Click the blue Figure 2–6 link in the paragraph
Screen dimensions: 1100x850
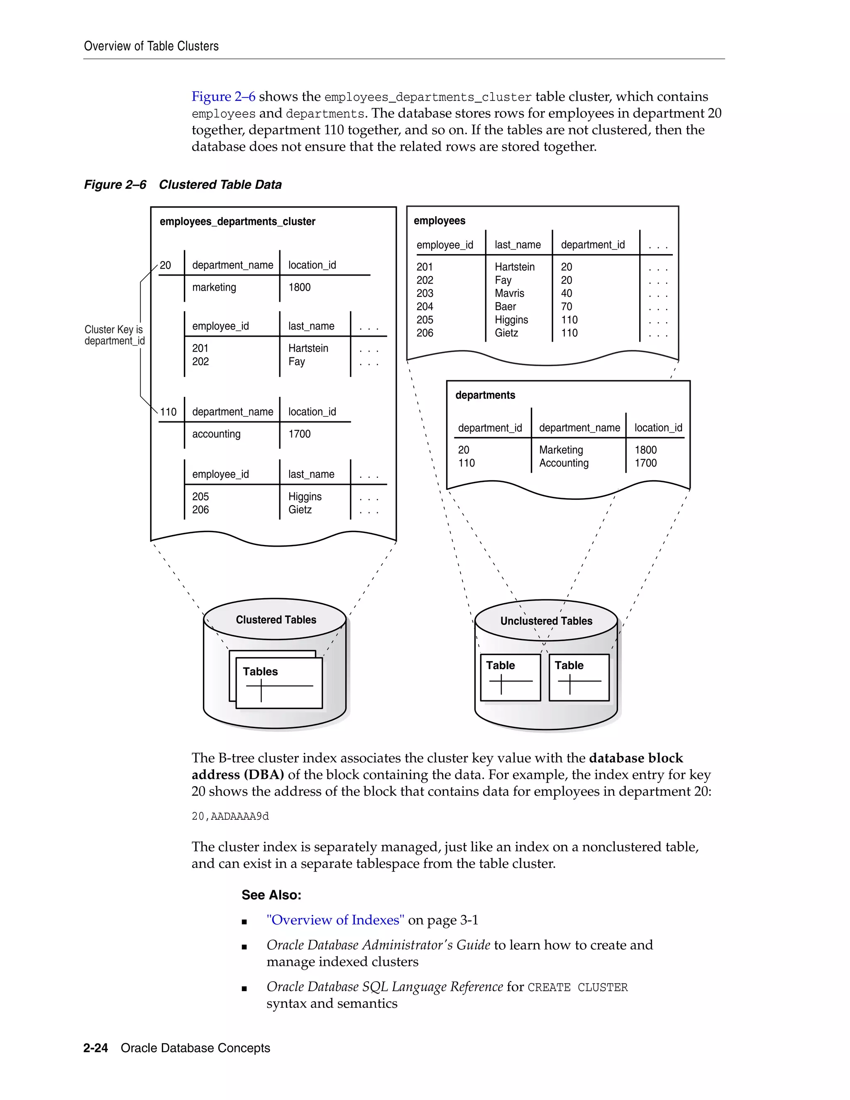point(223,96)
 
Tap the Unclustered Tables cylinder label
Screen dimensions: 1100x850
point(546,621)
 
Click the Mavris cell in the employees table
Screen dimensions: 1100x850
point(509,293)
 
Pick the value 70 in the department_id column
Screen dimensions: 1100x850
point(567,306)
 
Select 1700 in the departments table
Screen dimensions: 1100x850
point(645,463)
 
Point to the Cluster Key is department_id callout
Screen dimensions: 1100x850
point(114,335)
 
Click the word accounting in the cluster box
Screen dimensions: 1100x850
point(216,434)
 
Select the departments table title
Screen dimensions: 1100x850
point(485,395)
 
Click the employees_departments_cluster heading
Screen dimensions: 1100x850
point(237,222)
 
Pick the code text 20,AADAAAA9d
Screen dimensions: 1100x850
point(230,816)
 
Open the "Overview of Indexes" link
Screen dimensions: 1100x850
point(335,920)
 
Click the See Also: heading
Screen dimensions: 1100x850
point(271,895)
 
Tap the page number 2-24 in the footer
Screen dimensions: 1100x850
point(96,1048)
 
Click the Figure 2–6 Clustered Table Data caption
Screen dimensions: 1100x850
point(183,184)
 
